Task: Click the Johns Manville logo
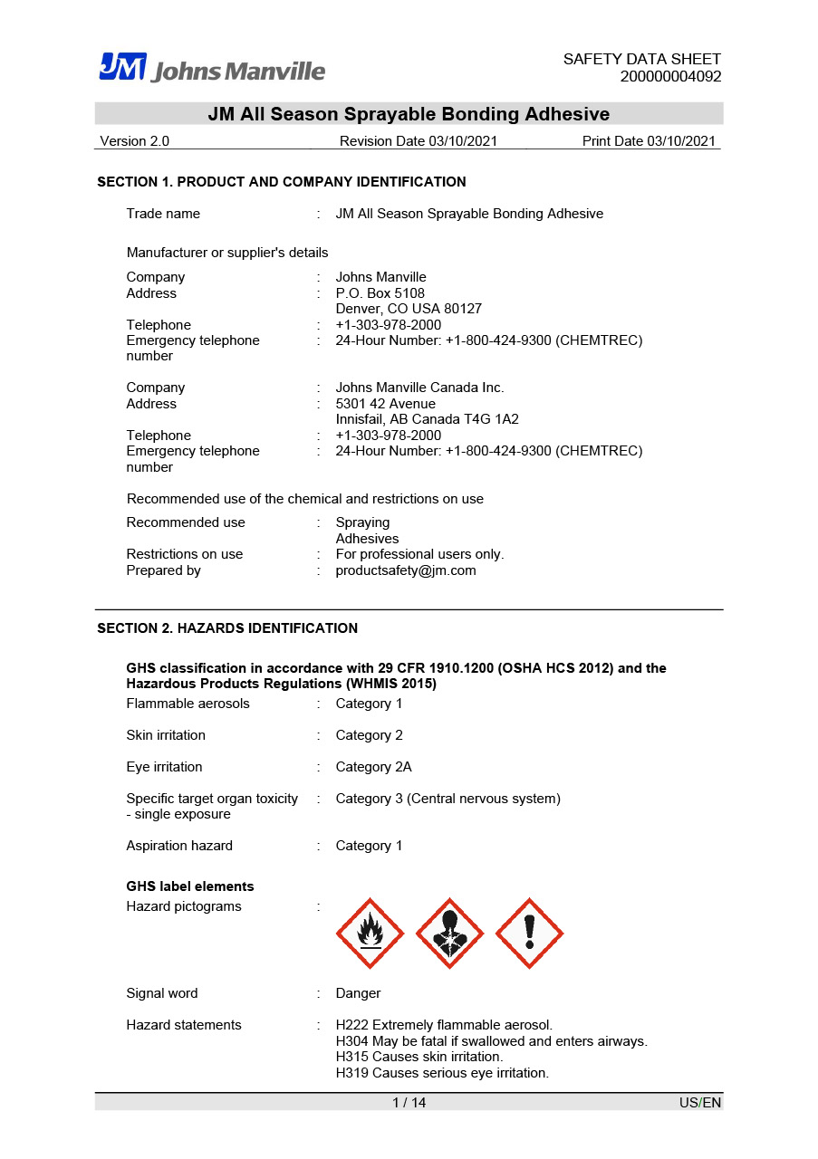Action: (x=212, y=68)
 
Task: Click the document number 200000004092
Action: (x=670, y=76)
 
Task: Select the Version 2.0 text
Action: (x=134, y=141)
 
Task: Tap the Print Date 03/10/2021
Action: (x=649, y=141)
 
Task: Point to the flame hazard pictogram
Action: (x=370, y=934)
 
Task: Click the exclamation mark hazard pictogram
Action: (x=530, y=934)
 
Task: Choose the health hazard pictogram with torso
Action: (x=449, y=934)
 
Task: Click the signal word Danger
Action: (x=358, y=993)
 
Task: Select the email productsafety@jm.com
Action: (x=405, y=570)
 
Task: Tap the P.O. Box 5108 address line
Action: (x=380, y=293)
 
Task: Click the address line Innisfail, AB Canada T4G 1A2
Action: (x=427, y=419)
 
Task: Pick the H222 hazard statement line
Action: (x=444, y=1025)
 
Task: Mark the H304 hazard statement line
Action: (x=491, y=1041)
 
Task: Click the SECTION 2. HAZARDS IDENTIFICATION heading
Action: (x=227, y=628)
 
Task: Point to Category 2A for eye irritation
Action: (x=373, y=767)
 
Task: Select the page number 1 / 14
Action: (x=409, y=1103)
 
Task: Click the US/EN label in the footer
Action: (x=700, y=1103)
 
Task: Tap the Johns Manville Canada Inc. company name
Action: (x=419, y=388)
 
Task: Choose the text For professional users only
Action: (x=419, y=554)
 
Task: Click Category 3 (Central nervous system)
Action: (x=447, y=799)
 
